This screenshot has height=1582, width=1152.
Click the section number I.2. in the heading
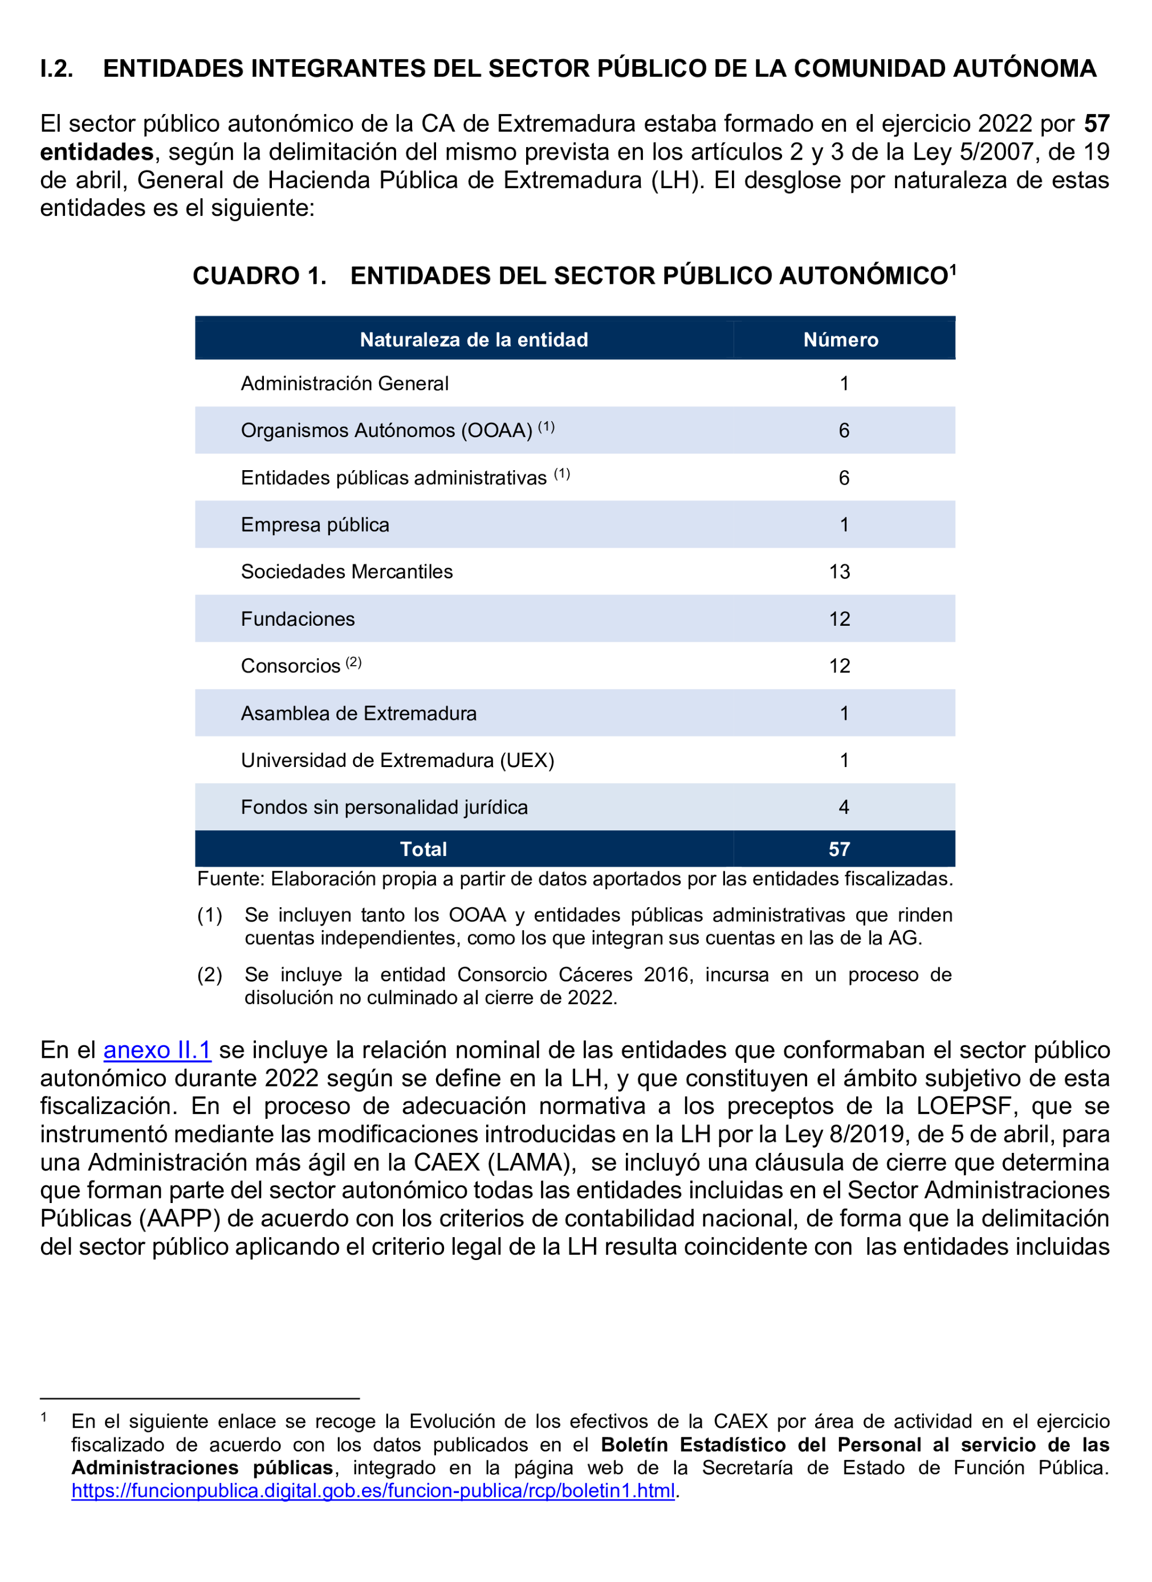[56, 68]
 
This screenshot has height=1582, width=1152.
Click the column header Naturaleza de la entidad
[474, 340]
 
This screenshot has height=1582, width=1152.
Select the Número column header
[840, 340]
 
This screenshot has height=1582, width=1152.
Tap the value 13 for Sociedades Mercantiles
[840, 572]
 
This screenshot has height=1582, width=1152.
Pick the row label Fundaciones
[298, 619]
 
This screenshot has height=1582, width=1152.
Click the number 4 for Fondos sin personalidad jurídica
[844, 807]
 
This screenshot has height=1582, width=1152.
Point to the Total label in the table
[424, 849]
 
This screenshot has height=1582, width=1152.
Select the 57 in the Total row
[840, 849]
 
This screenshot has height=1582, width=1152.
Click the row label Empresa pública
[315, 524]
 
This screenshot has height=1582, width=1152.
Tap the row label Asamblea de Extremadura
[359, 713]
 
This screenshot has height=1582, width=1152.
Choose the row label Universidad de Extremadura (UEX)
[398, 760]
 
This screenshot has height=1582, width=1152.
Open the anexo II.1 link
[157, 1050]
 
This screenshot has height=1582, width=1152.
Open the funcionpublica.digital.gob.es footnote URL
[373, 1491]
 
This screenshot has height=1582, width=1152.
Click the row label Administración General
[345, 384]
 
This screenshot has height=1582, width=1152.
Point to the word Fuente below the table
[230, 879]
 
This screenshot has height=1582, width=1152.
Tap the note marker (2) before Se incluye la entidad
[210, 975]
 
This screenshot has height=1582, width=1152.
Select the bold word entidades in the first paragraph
[97, 152]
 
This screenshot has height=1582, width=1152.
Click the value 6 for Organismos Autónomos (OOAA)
[844, 430]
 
